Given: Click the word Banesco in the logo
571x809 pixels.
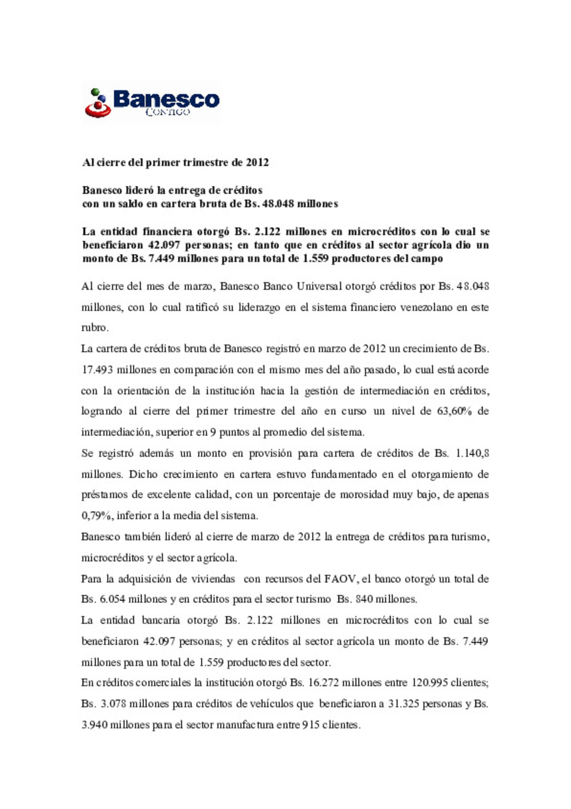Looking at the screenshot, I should pyautogui.click(x=166, y=98).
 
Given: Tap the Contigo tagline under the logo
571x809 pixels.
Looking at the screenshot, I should pyautogui.click(x=168, y=112).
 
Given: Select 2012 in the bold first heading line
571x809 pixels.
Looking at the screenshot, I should pyautogui.click(x=257, y=163).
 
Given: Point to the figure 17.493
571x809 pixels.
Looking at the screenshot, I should pyautogui.click(x=97, y=370).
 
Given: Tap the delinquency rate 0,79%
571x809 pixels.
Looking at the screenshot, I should pyautogui.click(x=96, y=516).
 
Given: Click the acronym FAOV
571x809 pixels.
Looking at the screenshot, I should pyautogui.click(x=340, y=579).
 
